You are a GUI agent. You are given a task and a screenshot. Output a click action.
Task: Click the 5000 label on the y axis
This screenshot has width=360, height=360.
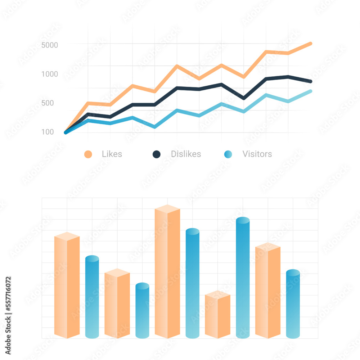(x=50, y=45)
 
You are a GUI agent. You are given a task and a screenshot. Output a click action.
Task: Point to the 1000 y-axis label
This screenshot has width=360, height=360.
(x=50, y=74)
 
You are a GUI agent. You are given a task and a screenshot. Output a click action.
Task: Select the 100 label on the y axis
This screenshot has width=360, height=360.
(x=47, y=132)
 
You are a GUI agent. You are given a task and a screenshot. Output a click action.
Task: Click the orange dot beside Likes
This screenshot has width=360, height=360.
(x=88, y=154)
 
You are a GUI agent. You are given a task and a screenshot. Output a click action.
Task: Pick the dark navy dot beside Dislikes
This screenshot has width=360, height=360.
(x=156, y=154)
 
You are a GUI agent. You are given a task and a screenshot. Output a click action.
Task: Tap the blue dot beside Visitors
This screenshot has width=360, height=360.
(x=228, y=154)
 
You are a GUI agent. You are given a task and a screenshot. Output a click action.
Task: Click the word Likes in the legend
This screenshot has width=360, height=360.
(x=112, y=154)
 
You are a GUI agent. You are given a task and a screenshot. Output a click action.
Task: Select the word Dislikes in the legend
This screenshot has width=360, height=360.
(x=186, y=154)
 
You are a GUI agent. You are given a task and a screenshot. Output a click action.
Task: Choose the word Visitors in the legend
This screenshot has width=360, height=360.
(x=257, y=154)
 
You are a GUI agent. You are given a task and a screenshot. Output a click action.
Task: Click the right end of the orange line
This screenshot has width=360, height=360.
(x=310, y=44)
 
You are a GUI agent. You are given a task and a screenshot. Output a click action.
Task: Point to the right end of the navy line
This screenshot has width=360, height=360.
(x=310, y=81)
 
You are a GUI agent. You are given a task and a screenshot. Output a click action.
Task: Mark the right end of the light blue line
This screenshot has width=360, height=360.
(x=310, y=91)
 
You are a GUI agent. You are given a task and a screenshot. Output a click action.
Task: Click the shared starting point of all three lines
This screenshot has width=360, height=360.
(x=66, y=132)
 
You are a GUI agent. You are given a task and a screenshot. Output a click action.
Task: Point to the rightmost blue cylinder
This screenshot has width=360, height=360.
(x=293, y=304)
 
